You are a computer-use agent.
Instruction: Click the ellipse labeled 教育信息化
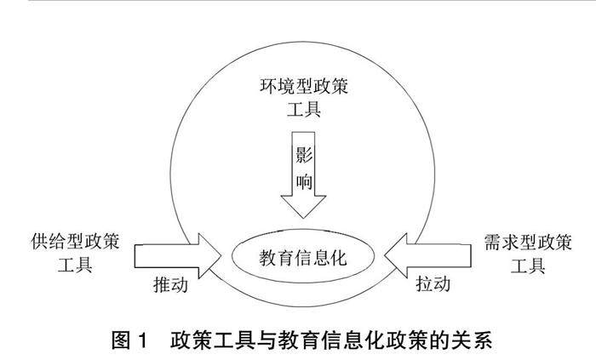tap(303, 255)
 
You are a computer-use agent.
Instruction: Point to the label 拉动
tap(432, 282)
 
